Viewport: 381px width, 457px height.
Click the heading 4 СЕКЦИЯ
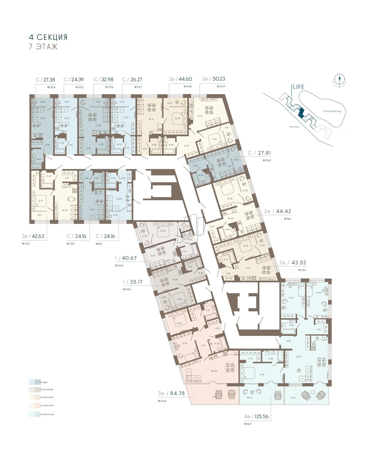[48, 37]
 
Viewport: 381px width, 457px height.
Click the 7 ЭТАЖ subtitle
[43, 47]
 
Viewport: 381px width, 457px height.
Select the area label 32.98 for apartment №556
[107, 79]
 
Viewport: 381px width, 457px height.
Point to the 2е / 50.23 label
[213, 79]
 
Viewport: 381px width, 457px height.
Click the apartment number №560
[267, 160]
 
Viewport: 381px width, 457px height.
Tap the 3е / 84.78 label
[171, 394]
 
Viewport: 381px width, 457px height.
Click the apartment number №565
[127, 289]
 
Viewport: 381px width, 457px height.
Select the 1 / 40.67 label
[126, 258]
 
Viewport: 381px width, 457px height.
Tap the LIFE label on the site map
[298, 87]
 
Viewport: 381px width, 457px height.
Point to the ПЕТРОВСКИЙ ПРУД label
[332, 111]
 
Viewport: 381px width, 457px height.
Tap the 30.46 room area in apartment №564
[214, 371]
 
